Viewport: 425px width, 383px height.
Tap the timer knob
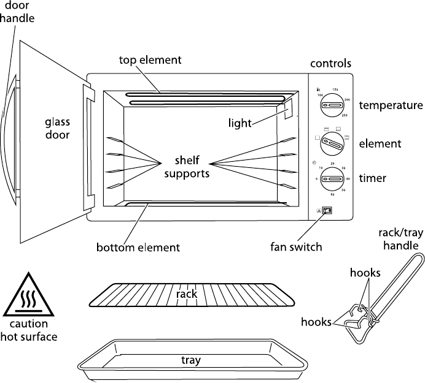pos(331,180)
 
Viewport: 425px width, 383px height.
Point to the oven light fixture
pos(289,109)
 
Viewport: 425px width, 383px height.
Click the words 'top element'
pos(150,60)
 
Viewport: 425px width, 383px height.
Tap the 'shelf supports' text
pos(190,167)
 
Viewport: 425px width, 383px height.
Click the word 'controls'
pos(330,63)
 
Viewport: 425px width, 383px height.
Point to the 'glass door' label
pos(57,127)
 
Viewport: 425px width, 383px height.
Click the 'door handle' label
pos(17,11)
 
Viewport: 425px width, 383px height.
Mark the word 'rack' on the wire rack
pos(187,294)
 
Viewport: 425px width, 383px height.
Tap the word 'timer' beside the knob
pos(372,178)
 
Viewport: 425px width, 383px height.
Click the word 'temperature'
pos(391,105)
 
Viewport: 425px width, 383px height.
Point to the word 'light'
pos(240,123)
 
